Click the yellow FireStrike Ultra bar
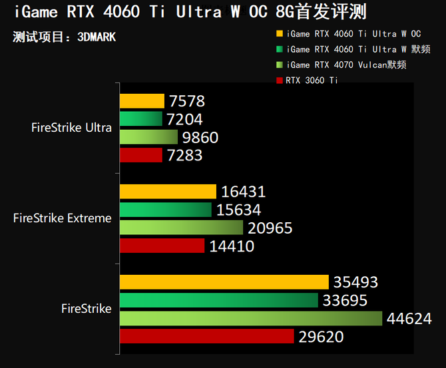tap(142, 101)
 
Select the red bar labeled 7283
tap(140, 155)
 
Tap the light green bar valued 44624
tap(251, 319)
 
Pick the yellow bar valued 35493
tap(224, 282)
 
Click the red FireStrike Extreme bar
tap(162, 246)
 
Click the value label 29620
tap(321, 337)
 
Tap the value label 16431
tap(243, 192)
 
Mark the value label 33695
tap(344, 301)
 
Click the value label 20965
tap(270, 228)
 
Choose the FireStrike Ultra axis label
tap(71, 128)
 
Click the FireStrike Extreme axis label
tap(63, 218)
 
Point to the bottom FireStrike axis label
tap(86, 308)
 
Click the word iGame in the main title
tap(37, 12)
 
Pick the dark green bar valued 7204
tap(140, 119)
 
